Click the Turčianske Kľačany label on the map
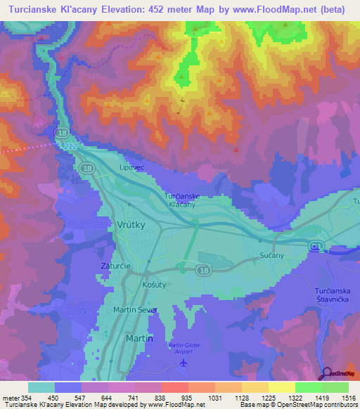(184, 200)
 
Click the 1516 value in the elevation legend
(348, 398)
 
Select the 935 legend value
(188, 398)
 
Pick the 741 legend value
(134, 398)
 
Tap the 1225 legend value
(268, 398)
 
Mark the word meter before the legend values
(11, 398)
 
